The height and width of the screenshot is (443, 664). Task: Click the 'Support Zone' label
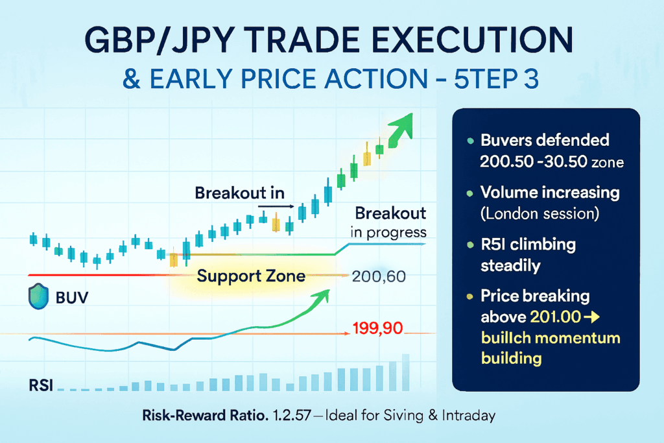coord(251,276)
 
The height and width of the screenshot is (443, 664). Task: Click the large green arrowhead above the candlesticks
coord(406,124)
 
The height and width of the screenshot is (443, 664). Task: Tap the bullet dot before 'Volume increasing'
coord(469,193)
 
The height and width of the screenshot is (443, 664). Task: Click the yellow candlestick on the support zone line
coord(173,259)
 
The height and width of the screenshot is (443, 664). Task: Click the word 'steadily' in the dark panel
coord(511,265)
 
